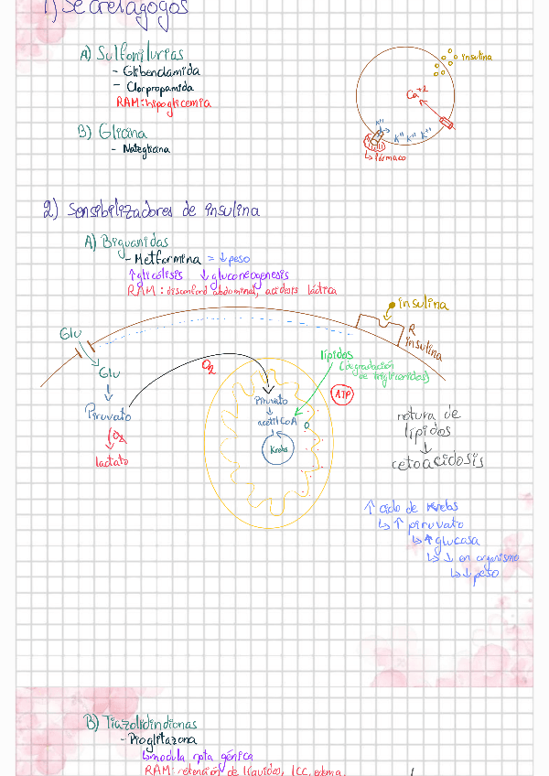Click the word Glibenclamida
click(162, 70)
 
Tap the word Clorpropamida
click(160, 88)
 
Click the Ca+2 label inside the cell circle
click(416, 93)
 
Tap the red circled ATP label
click(342, 394)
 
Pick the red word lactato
click(112, 461)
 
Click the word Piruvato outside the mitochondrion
click(107, 415)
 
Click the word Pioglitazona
click(163, 740)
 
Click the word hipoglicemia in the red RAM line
click(177, 103)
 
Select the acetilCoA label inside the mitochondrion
click(277, 420)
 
